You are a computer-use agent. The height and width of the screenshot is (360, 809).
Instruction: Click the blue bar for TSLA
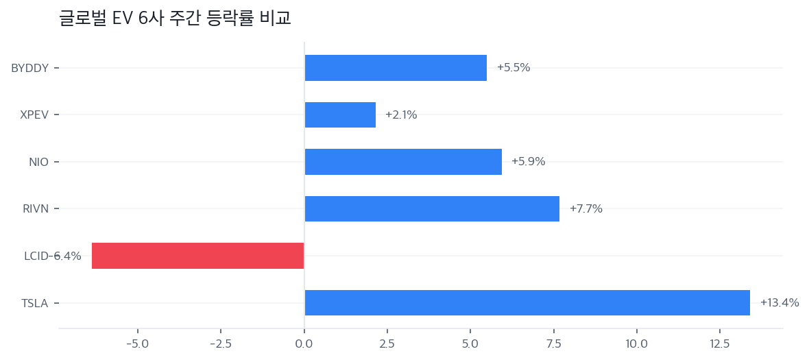pyautogui.click(x=527, y=302)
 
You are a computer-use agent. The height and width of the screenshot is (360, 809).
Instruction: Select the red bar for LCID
pyautogui.click(x=197, y=256)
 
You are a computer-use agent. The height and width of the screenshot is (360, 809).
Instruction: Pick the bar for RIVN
pyautogui.click(x=432, y=208)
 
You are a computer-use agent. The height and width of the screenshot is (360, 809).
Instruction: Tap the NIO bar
pyautogui.click(x=403, y=162)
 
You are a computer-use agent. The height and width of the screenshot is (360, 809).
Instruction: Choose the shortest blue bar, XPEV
pyautogui.click(x=340, y=115)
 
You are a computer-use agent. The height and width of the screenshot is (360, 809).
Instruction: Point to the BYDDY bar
pyautogui.click(x=396, y=68)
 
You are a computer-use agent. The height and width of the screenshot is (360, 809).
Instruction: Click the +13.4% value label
pyautogui.click(x=779, y=302)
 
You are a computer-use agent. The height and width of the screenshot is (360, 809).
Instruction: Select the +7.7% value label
pyautogui.click(x=585, y=208)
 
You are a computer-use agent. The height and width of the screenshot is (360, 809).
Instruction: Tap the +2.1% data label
pyautogui.click(x=401, y=115)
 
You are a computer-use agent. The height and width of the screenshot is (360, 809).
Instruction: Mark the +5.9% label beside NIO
pyautogui.click(x=528, y=162)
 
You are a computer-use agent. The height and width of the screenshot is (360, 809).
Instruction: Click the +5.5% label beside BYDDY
pyautogui.click(x=513, y=68)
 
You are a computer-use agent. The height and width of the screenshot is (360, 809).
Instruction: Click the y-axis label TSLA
pyautogui.click(x=34, y=303)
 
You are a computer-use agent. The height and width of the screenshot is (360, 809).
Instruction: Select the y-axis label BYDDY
pyautogui.click(x=29, y=68)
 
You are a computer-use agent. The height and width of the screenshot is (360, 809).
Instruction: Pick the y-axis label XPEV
pyautogui.click(x=34, y=115)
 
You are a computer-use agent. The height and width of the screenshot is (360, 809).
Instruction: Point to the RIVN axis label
pyautogui.click(x=36, y=208)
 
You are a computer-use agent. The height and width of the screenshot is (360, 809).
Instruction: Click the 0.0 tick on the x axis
pyautogui.click(x=304, y=343)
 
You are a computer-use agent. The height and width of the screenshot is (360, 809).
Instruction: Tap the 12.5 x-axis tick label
pyautogui.click(x=720, y=343)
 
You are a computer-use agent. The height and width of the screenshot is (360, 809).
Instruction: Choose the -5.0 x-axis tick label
pyautogui.click(x=137, y=343)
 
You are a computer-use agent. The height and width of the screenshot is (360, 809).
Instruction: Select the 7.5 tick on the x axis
pyautogui.click(x=553, y=343)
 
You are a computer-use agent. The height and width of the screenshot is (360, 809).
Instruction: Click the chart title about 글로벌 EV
pyautogui.click(x=175, y=18)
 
